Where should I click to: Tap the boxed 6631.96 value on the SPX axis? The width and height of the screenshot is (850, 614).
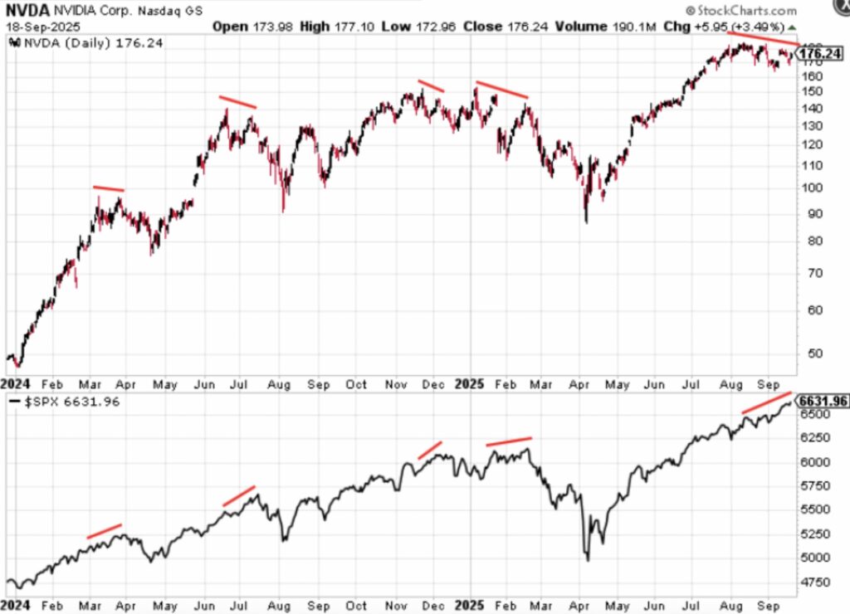pos(823,401)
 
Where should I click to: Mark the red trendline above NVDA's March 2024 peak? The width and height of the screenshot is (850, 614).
pos(108,189)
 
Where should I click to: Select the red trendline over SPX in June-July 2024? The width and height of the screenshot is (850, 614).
pos(238,495)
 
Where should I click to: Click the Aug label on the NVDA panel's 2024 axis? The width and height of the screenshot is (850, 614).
pos(279,384)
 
